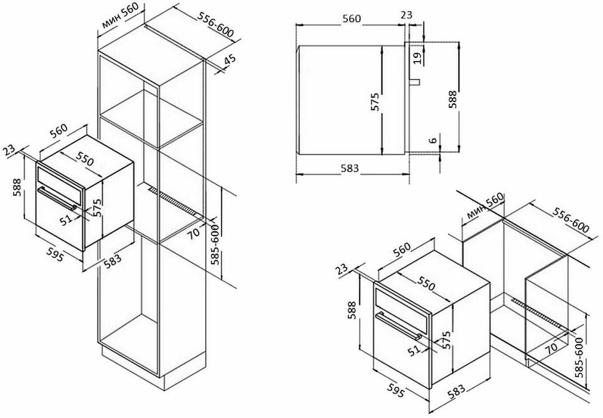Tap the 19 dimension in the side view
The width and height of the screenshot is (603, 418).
pos(417,58)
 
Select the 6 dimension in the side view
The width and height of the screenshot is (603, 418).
pos(433,140)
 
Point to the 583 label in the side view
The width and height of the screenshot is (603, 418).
pos(350,168)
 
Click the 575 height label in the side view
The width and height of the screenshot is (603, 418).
pos(375,101)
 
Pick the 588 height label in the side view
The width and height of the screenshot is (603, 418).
pos(453,99)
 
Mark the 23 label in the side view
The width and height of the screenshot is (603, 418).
pos(406,15)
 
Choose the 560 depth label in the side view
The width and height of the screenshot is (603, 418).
pos(351,19)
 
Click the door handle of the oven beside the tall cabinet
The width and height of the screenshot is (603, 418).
pos(57,198)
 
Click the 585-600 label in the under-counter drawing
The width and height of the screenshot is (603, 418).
pos(579,357)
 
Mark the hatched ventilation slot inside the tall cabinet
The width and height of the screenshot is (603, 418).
pos(175,202)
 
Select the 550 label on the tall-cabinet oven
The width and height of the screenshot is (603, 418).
pos(84,158)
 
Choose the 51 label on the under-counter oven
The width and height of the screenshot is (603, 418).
pos(414,350)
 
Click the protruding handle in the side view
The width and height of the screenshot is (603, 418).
pos(415,82)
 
